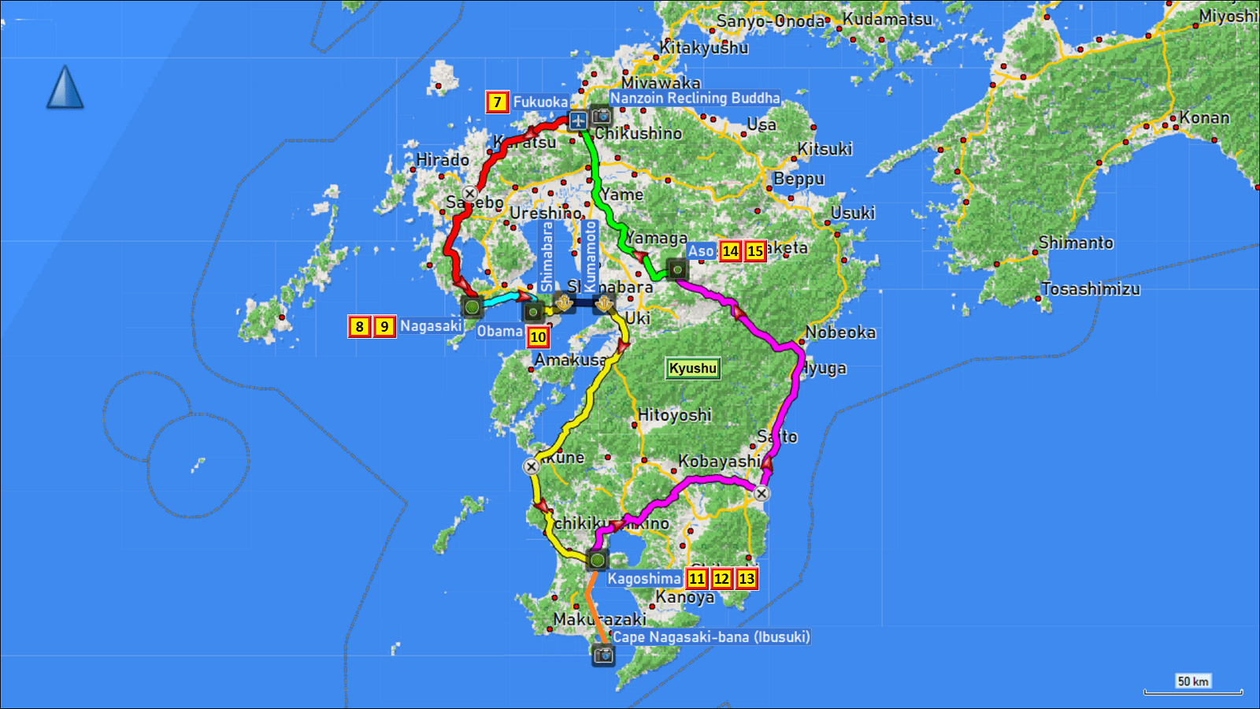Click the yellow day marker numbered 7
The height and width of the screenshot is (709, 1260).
(497, 102)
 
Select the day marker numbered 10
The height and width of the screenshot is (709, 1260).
(538, 337)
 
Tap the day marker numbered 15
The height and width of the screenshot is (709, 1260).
(755, 251)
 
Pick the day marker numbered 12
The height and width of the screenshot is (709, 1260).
(721, 579)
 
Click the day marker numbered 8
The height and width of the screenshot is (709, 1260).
(359, 326)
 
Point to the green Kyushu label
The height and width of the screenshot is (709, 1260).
(692, 368)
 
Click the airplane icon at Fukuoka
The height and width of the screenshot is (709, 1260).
(578, 121)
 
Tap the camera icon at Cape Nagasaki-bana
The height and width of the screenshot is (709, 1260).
(603, 655)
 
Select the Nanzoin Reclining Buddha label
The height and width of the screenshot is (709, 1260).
(695, 98)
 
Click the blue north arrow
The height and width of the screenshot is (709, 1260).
(65, 87)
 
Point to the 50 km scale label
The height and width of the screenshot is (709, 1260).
(1192, 681)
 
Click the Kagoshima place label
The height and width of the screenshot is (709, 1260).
(643, 579)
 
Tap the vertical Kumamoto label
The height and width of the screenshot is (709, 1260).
(591, 256)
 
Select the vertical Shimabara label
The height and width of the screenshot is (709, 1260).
(547, 256)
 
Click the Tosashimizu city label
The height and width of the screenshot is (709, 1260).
(1091, 289)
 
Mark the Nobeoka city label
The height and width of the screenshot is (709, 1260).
(840, 332)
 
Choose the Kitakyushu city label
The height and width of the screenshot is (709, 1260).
(704, 47)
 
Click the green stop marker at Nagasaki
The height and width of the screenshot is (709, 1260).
(472, 307)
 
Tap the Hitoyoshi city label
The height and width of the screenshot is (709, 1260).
(674, 414)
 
